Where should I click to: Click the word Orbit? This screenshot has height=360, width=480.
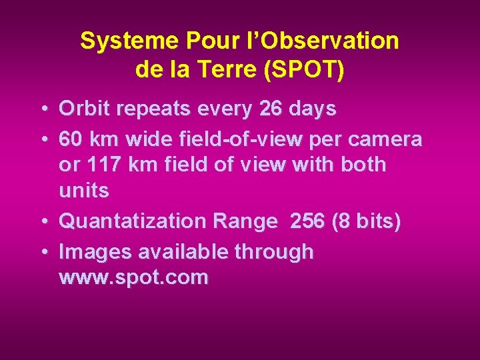click(x=83, y=109)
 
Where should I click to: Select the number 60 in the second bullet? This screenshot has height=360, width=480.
click(x=71, y=139)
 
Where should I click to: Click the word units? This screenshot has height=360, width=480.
click(x=84, y=191)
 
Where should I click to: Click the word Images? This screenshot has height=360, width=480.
click(x=96, y=252)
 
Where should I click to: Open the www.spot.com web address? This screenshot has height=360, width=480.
click(x=133, y=277)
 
